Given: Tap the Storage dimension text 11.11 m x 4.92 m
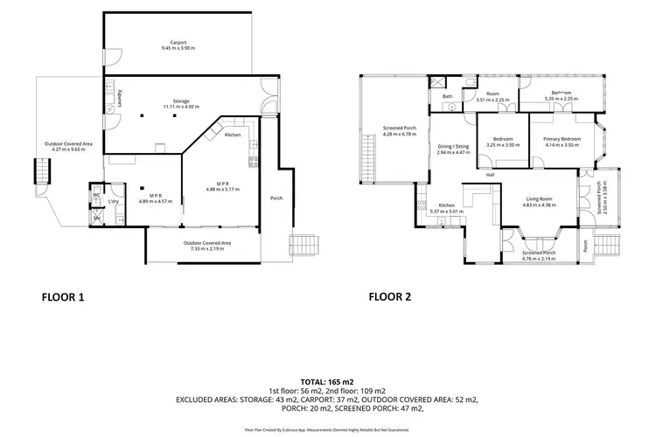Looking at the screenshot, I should [x=181, y=107].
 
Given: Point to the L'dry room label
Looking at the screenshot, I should [x=113, y=202].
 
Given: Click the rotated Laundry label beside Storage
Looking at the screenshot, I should [x=108, y=98].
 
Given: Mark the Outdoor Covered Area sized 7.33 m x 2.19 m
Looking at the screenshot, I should [x=206, y=242].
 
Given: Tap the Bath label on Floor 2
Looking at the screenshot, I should [x=447, y=96].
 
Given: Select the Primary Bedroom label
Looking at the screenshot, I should [x=561, y=139].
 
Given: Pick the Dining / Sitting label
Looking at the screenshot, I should [x=453, y=146].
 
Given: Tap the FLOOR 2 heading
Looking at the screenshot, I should [x=390, y=297].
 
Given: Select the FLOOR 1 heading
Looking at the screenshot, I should [x=64, y=297].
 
